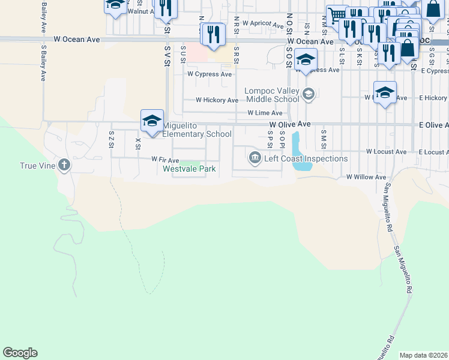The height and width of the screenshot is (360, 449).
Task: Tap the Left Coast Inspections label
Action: click(306, 159)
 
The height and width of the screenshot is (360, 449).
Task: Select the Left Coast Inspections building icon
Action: click(255, 158)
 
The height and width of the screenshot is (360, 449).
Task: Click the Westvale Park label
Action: click(189, 169)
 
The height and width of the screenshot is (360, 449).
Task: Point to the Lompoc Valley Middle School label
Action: click(271, 95)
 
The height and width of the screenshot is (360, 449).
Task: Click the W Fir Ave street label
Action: click(165, 160)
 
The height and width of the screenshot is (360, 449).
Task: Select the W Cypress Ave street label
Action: click(209, 74)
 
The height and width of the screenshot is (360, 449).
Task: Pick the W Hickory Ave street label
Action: click(217, 100)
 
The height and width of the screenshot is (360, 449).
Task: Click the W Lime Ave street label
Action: click(265, 113)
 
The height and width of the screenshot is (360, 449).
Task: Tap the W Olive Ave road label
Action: click(289, 124)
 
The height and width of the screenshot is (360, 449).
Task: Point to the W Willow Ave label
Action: click(366, 178)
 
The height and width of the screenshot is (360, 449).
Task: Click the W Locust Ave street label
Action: click(386, 152)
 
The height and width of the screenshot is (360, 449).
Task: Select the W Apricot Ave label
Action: click(262, 26)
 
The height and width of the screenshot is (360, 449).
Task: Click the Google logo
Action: click(20, 353)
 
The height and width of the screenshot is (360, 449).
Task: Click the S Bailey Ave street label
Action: click(43, 62)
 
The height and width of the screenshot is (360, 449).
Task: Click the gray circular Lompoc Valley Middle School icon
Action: click(308, 93)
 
